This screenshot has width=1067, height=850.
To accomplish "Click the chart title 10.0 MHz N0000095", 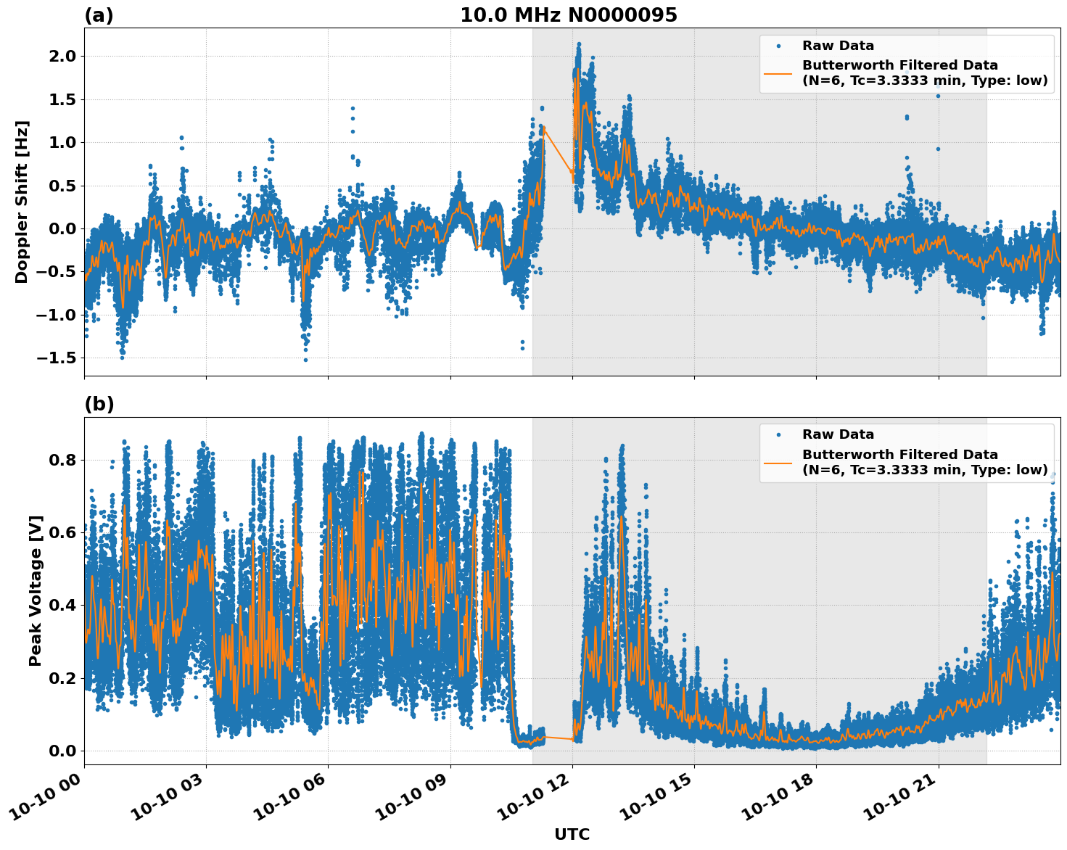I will tap(568, 15).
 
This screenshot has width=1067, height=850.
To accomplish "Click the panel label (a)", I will tap(99, 15).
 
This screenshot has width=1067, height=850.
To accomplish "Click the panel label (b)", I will tap(99, 404).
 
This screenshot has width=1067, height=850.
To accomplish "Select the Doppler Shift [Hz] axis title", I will tap(22, 202).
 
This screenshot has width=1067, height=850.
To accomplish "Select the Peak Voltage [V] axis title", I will tap(36, 590).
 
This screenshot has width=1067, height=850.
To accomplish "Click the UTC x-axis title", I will tap(572, 834).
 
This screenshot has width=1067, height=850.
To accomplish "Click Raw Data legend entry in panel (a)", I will tap(838, 46).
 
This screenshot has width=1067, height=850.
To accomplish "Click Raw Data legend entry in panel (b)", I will tap(838, 434).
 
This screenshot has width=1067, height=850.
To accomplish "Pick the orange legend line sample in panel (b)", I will tap(778, 462).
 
